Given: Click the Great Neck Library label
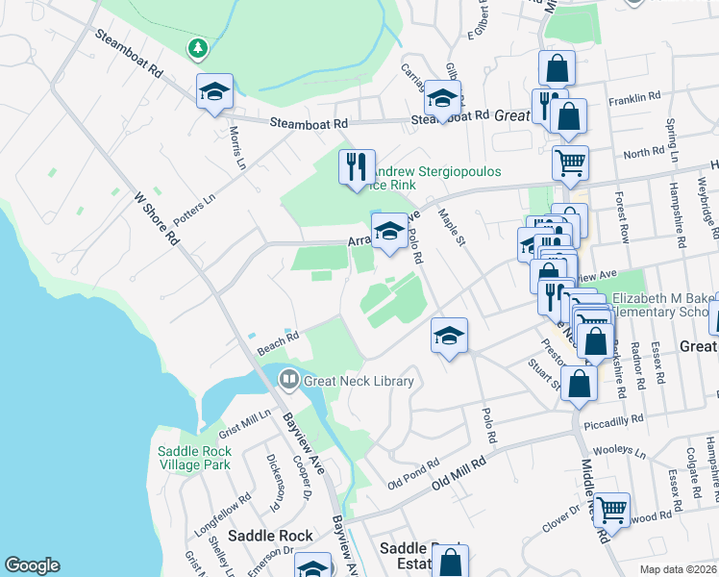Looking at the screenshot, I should [x=359, y=381].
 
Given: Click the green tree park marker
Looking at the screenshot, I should [x=197, y=47].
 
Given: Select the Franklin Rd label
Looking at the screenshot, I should [x=634, y=97].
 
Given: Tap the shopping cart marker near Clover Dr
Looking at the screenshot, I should [x=611, y=510].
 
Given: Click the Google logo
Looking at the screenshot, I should [x=32, y=565].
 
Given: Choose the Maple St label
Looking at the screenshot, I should [x=451, y=227].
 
